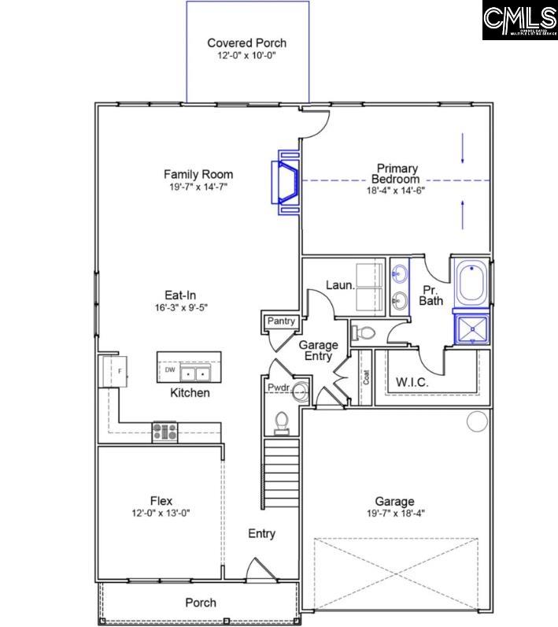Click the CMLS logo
pos(519,20)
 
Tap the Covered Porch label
pos(246,43)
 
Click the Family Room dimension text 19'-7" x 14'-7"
pos(198,187)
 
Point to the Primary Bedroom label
pos(397,173)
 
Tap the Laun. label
pos(339,285)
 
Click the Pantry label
pos(281,321)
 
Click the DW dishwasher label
pos(169,369)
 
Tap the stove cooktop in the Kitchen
pos(164,431)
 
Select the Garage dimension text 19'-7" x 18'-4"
pos(394,514)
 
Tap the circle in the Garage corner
pos(477,421)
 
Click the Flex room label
pos(161,500)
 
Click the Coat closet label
pos(364,377)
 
